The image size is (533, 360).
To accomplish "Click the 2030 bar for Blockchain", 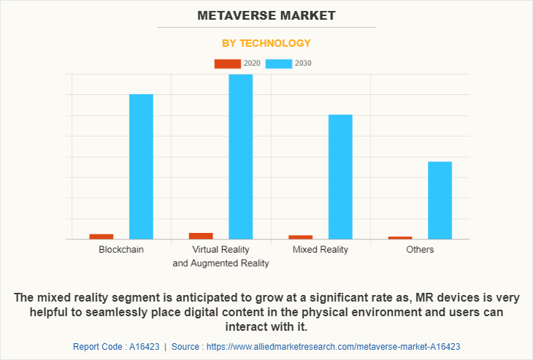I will (141, 166).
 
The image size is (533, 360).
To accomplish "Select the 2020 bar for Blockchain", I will (101, 236).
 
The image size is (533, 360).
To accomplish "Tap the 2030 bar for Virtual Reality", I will (240, 156).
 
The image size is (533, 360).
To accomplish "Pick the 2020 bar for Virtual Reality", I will (201, 235).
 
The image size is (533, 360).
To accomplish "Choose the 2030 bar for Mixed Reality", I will (340, 177).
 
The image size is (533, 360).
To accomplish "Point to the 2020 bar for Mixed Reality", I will (300, 237).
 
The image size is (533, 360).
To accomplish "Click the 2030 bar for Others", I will (440, 200).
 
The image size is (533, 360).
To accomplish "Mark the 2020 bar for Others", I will (400, 237).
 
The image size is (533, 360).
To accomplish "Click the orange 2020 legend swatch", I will (227, 64).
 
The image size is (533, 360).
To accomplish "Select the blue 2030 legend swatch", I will (279, 64).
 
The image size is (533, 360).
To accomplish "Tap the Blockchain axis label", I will (121, 250).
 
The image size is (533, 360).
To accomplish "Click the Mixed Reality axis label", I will (320, 250).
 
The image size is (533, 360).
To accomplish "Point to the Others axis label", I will (420, 250).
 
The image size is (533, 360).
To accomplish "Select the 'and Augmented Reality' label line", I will (221, 264).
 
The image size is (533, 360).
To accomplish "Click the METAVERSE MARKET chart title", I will (266, 15).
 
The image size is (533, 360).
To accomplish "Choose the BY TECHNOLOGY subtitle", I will (266, 43).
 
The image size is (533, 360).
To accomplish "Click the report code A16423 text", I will (117, 347).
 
